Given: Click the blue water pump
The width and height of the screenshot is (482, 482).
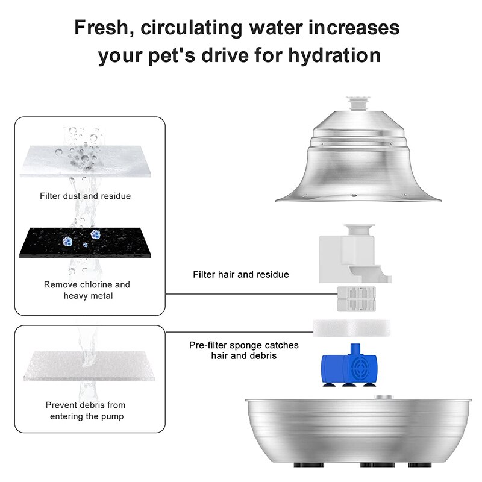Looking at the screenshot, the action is tap(349, 365).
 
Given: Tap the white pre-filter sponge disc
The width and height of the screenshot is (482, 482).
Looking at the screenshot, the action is tap(352, 328).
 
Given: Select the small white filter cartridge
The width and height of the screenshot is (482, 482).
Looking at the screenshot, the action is tap(357, 299).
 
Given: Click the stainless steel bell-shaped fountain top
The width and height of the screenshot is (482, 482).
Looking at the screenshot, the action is tap(358, 157).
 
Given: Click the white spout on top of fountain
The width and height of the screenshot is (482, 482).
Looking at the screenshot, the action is tap(358, 104).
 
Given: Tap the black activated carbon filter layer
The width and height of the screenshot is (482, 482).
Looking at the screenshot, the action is tap(85, 243).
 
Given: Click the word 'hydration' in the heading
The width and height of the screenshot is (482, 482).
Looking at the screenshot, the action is tap(334, 55).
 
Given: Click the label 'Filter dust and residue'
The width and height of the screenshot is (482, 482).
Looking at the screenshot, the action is tap(85, 196).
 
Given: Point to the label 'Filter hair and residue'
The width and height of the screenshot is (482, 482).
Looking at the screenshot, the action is tap(241, 274).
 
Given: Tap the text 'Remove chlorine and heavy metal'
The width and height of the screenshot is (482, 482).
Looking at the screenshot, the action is tap(87, 290).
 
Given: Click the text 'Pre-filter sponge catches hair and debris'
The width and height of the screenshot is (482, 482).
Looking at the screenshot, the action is tap(244, 351).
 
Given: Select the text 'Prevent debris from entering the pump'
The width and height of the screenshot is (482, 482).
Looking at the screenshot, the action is tap(86, 410).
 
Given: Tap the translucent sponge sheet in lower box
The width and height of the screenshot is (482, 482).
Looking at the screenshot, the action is tap(89, 366).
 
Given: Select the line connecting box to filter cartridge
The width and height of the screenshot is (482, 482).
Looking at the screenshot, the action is tap(251, 294).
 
